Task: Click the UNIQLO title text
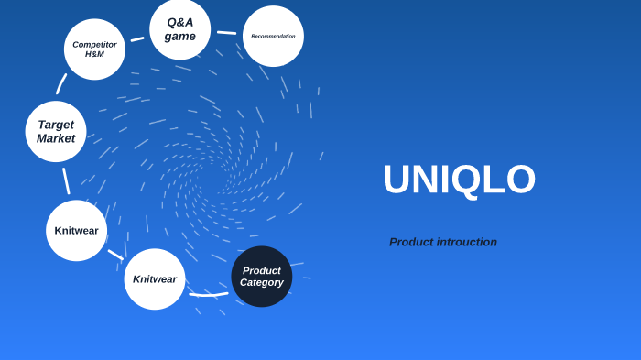click(459, 180)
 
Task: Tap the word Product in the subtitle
click(408, 242)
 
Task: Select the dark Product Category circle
click(262, 277)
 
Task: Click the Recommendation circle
click(273, 37)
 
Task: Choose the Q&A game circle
click(180, 29)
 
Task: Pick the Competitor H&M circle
click(94, 49)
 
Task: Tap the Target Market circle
click(56, 132)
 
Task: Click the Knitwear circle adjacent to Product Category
click(155, 279)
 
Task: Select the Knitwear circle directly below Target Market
click(77, 231)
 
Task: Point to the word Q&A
click(180, 22)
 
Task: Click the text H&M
click(94, 54)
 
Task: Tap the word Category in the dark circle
click(262, 283)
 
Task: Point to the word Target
click(56, 125)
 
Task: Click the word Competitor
click(94, 44)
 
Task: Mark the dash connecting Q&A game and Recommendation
click(226, 33)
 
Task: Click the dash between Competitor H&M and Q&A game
click(137, 39)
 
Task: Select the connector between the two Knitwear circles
click(115, 255)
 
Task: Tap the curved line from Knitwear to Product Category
click(209, 295)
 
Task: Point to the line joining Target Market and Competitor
click(61, 84)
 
